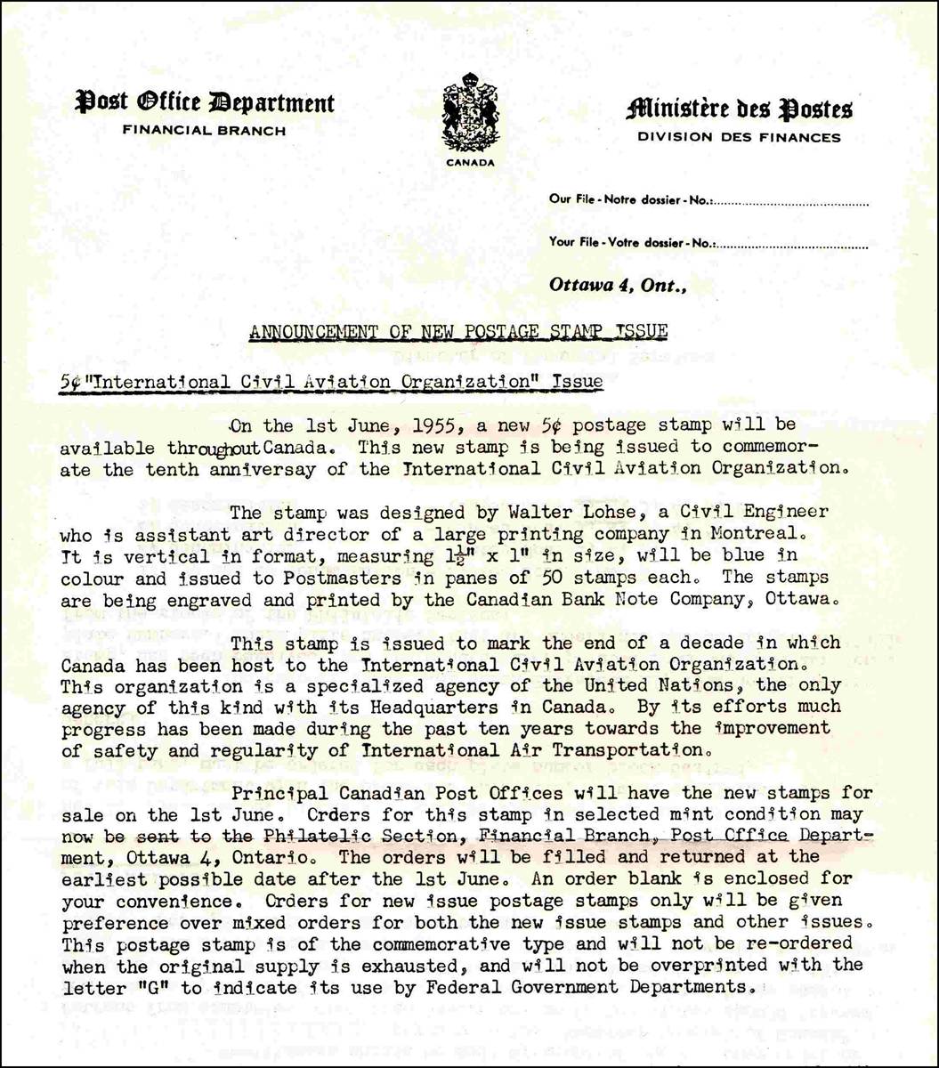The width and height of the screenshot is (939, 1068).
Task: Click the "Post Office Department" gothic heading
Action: (205, 103)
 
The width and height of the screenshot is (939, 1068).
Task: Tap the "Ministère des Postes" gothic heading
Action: (739, 109)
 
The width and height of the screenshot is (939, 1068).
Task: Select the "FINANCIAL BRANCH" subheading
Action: (204, 131)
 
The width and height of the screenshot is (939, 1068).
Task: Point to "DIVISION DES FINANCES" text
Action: (739, 137)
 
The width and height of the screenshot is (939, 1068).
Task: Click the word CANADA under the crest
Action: (470, 163)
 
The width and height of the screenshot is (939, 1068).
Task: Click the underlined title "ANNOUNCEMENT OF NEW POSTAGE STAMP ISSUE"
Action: (458, 333)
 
